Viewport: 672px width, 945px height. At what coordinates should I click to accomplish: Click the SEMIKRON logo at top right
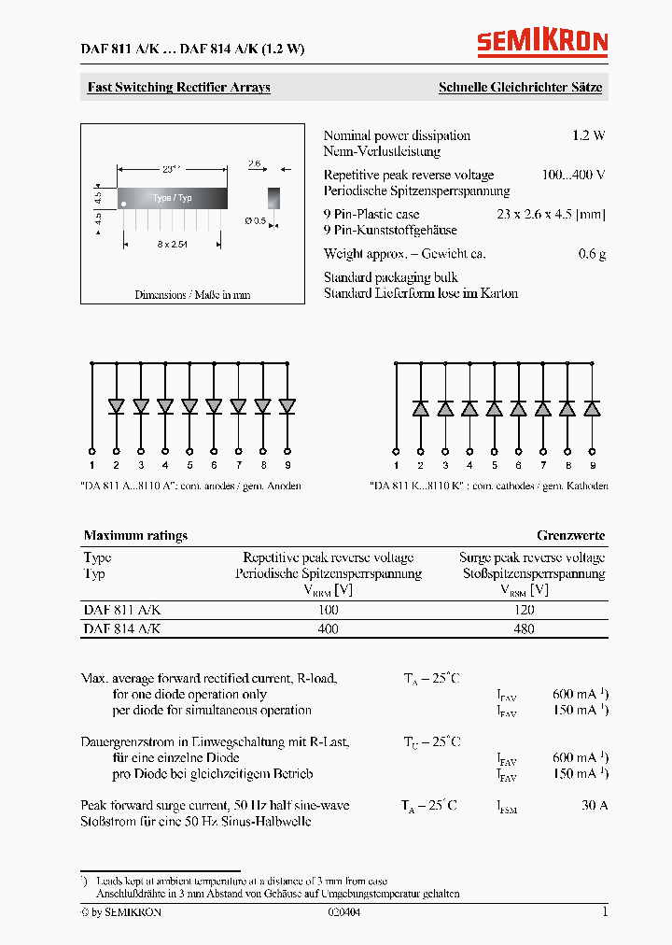(x=542, y=42)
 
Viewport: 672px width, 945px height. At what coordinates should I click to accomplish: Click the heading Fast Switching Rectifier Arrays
(x=179, y=88)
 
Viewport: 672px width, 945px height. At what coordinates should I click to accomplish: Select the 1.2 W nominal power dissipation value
(x=588, y=135)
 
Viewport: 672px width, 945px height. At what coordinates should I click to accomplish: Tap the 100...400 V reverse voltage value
(x=573, y=175)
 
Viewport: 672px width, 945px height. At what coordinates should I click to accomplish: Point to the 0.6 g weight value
(x=592, y=254)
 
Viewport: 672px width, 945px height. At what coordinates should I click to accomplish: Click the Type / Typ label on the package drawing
(x=172, y=198)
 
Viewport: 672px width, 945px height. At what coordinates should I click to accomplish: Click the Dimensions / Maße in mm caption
(x=192, y=295)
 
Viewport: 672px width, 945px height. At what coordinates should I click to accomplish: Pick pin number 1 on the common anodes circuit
(x=91, y=464)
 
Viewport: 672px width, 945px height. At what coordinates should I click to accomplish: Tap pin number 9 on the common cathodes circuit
(x=592, y=464)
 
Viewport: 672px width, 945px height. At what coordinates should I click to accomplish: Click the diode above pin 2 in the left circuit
(x=117, y=406)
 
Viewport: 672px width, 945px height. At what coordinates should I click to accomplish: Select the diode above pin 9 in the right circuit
(x=592, y=408)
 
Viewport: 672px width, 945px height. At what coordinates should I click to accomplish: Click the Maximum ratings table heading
(x=135, y=536)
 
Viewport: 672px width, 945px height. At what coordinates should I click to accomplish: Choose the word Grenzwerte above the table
(x=570, y=536)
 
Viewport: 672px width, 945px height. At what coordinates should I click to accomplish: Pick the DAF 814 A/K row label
(x=122, y=629)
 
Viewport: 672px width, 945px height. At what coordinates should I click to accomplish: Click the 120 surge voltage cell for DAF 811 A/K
(x=524, y=609)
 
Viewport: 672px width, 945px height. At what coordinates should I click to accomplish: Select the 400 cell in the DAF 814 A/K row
(x=328, y=629)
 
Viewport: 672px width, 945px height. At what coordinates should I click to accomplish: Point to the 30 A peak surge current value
(x=594, y=805)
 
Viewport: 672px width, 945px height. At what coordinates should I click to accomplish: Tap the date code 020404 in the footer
(x=343, y=912)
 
